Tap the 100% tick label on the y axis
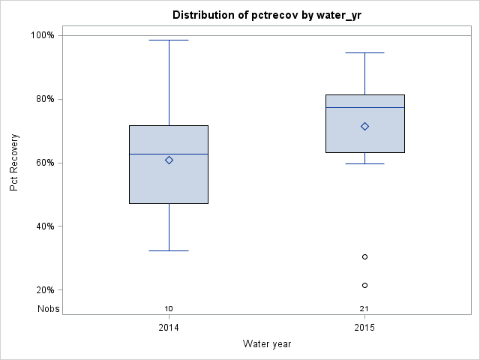click(42, 35)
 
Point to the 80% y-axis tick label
click(44, 99)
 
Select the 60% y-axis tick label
click(44, 163)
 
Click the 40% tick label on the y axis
click(44, 226)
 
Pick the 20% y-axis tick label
click(44, 290)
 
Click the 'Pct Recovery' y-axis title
click(14, 163)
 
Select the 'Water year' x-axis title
click(267, 343)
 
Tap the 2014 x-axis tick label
click(169, 328)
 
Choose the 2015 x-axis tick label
click(364, 328)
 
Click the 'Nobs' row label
click(49, 308)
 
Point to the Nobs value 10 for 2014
click(169, 308)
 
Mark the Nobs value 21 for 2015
click(364, 308)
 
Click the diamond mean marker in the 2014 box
click(169, 160)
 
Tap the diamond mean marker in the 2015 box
click(364, 126)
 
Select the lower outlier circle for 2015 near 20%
click(364, 285)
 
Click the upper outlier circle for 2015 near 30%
click(364, 256)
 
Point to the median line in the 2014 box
click(169, 154)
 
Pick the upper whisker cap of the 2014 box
click(169, 40)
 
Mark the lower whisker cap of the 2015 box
click(364, 163)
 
